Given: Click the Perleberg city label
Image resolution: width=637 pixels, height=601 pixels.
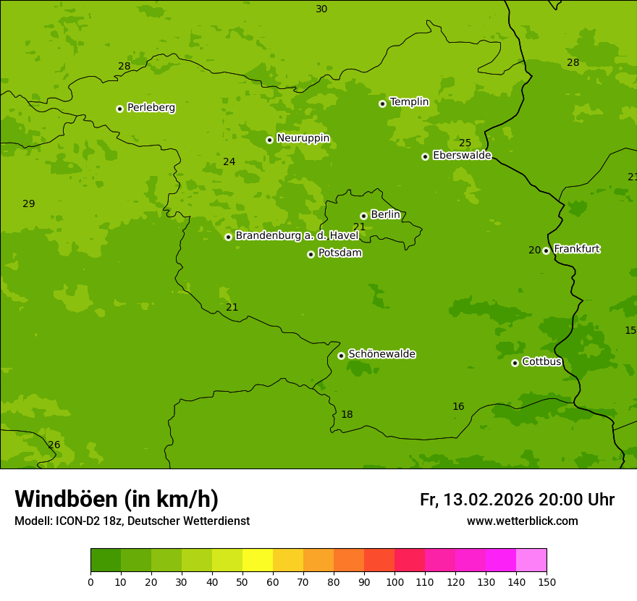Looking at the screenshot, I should (x=151, y=108).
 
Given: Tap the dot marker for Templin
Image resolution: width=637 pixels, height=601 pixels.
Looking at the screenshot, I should (x=382, y=104).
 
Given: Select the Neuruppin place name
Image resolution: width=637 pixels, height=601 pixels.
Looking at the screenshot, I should (x=303, y=138).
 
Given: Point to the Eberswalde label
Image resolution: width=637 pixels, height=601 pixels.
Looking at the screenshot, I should (x=462, y=156).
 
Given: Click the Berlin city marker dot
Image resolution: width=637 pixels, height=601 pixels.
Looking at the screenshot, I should (x=363, y=216).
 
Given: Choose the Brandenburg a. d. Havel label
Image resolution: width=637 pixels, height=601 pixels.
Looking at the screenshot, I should (x=297, y=236).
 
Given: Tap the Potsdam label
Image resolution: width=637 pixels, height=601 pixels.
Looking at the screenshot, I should (x=339, y=253).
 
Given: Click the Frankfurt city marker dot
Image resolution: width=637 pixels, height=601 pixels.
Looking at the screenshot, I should (x=546, y=251).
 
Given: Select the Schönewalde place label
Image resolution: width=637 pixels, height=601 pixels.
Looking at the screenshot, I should (x=381, y=354).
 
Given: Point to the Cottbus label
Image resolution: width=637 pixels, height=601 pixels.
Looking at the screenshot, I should (x=541, y=361).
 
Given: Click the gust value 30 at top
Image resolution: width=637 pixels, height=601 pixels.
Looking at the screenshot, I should (x=321, y=9).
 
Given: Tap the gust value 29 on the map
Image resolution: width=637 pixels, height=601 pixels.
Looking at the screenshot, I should (x=29, y=203).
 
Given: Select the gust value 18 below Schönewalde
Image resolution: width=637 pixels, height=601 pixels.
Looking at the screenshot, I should (x=347, y=414).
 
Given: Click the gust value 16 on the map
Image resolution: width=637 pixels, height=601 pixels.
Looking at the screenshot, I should (x=458, y=406).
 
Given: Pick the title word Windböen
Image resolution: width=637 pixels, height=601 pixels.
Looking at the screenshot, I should (x=67, y=499).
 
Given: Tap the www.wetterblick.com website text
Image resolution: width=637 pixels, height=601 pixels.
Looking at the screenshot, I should (x=522, y=521).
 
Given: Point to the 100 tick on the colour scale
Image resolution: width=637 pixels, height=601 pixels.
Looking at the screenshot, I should (x=395, y=581).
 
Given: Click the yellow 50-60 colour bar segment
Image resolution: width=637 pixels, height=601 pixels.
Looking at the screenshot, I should (x=258, y=560).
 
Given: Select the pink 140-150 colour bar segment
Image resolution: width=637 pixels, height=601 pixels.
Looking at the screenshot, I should (x=531, y=560).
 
